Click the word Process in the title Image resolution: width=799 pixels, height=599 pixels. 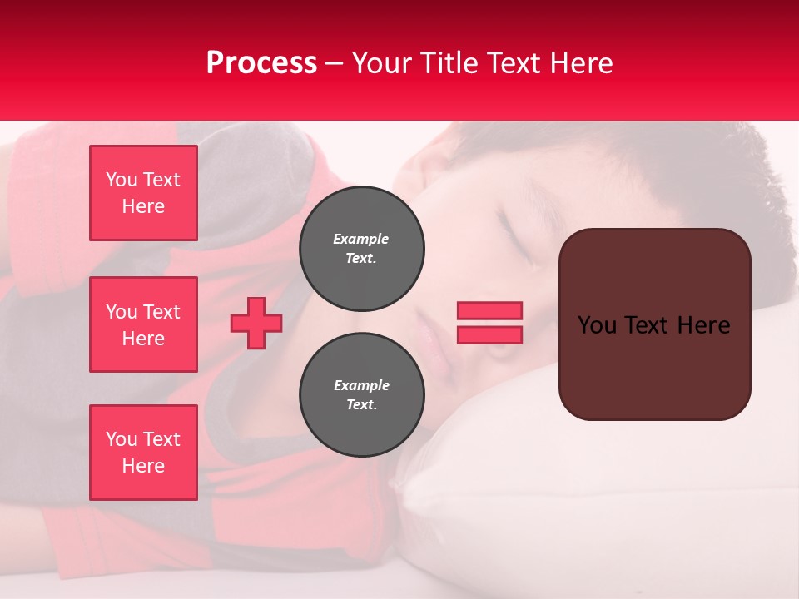(x=261, y=63)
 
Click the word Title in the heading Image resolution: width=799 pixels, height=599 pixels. (x=449, y=63)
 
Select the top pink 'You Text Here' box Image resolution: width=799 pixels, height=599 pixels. (x=143, y=193)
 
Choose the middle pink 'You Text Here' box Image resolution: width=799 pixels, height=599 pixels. (x=143, y=324)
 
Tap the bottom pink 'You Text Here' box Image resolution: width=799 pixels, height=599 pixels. (x=143, y=453)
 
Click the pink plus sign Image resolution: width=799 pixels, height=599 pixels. (x=256, y=323)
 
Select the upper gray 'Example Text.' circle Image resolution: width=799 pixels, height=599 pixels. (x=361, y=249)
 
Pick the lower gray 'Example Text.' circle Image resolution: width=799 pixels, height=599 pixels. (x=361, y=395)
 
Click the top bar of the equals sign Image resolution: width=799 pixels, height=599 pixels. (x=489, y=311)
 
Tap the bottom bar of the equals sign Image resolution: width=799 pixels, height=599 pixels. (x=489, y=334)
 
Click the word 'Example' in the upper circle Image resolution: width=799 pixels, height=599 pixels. (x=361, y=239)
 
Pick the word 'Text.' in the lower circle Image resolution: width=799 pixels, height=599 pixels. (x=361, y=405)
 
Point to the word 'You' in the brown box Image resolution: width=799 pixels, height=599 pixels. (x=597, y=325)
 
